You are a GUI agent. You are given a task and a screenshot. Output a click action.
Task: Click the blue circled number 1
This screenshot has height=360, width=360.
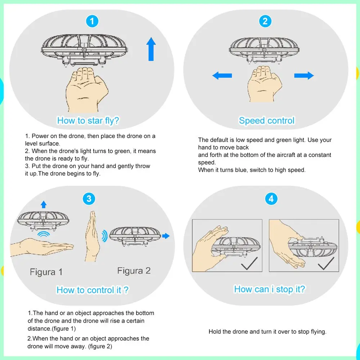point(92,21)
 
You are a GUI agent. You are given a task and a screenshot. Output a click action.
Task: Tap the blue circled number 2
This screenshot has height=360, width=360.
point(265,21)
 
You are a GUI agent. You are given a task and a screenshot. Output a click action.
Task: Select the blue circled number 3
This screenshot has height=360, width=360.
point(89,198)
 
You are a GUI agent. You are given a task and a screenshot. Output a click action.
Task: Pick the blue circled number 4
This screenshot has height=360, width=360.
point(271,198)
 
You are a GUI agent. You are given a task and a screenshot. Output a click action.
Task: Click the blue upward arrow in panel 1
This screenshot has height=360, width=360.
point(151,50)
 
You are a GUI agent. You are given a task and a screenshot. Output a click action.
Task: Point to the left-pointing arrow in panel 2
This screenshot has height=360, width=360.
point(222,76)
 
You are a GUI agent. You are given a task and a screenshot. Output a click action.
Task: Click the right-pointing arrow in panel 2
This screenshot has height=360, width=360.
point(304,76)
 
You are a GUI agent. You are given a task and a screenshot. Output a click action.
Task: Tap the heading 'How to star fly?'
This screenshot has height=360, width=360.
point(88,121)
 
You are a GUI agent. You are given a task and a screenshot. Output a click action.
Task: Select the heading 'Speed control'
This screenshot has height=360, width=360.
point(267,121)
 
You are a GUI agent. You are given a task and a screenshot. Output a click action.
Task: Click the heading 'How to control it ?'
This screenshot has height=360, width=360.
point(93,290)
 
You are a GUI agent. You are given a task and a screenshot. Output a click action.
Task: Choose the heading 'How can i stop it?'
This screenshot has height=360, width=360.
point(269,289)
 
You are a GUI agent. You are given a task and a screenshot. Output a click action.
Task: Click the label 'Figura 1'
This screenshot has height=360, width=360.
point(46,272)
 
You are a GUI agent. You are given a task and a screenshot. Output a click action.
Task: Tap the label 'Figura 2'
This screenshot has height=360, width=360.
point(134,271)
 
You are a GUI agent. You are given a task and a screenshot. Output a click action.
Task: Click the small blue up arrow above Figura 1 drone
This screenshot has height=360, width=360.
point(44,204)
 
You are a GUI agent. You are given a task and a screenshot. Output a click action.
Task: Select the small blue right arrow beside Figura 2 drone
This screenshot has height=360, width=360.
point(166,236)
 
